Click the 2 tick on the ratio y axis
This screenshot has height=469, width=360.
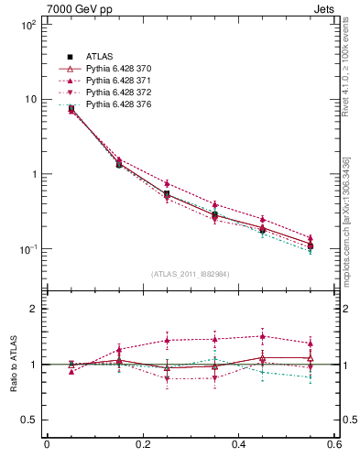tap(35, 309)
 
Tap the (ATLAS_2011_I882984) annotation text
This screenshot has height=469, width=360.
tap(190, 274)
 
